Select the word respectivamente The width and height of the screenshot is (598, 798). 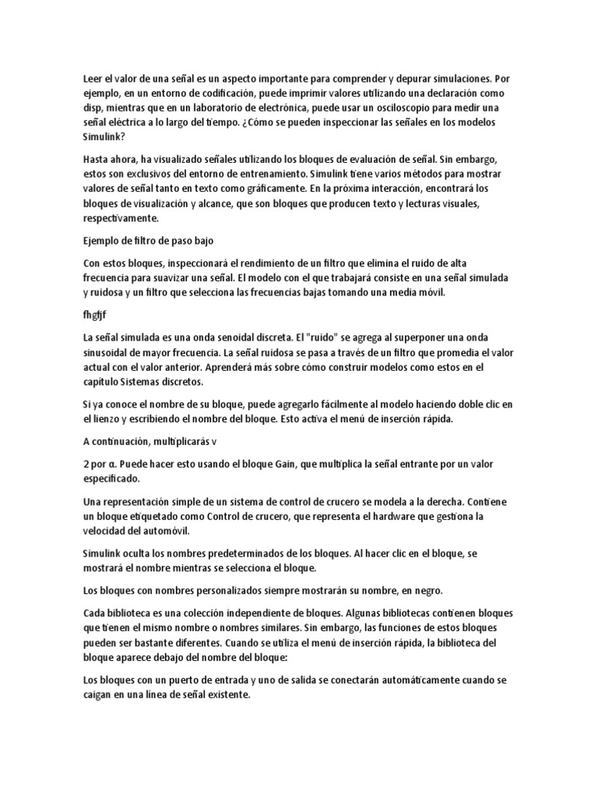coord(120,219)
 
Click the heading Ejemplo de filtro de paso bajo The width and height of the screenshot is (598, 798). coord(148,241)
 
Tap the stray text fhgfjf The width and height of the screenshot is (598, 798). coord(95,315)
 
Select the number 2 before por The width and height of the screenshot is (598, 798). coord(85,464)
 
